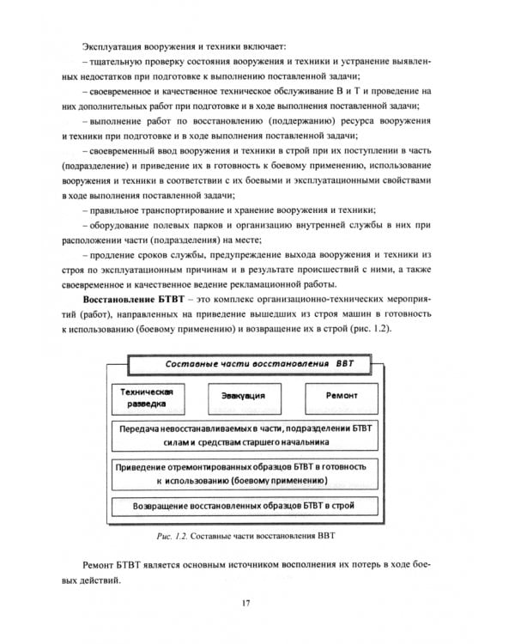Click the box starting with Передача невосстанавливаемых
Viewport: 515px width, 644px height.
[x=244, y=434]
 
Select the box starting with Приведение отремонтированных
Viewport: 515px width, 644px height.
[x=244, y=473]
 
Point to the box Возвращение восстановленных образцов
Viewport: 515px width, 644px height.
[x=244, y=506]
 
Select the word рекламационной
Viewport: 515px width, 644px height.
[x=319, y=285]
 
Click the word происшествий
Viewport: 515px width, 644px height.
[x=320, y=270]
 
